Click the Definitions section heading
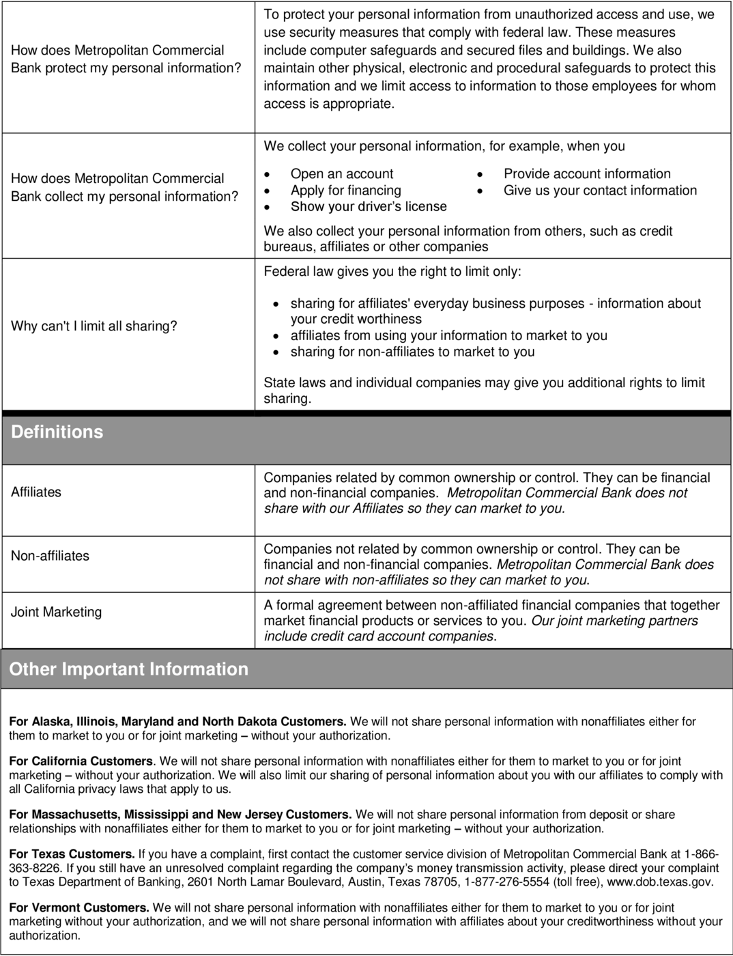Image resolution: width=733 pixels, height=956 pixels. (x=57, y=432)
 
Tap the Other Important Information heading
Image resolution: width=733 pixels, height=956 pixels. (x=129, y=669)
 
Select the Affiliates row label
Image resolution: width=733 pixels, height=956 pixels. (x=36, y=492)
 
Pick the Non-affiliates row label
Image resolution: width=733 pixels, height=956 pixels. (x=50, y=555)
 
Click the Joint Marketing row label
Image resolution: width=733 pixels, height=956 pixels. (x=56, y=612)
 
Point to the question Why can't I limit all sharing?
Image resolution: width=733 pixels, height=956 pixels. (x=94, y=326)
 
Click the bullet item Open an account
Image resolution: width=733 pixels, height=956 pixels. (x=342, y=173)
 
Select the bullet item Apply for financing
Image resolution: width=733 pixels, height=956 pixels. (x=345, y=190)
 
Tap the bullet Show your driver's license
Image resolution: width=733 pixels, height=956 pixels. (x=369, y=206)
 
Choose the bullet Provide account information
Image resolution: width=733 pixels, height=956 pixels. (x=587, y=173)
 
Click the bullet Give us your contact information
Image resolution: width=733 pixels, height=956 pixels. (x=600, y=190)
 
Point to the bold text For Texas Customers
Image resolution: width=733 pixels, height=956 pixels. (x=72, y=854)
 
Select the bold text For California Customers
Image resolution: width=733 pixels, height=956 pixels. (x=81, y=761)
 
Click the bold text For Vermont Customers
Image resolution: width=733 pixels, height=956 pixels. (x=79, y=908)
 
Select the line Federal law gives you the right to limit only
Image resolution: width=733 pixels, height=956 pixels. (x=392, y=271)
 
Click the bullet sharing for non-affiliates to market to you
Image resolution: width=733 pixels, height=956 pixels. (x=412, y=352)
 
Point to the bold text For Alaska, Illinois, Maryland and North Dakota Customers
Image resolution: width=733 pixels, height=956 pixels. (x=177, y=721)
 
